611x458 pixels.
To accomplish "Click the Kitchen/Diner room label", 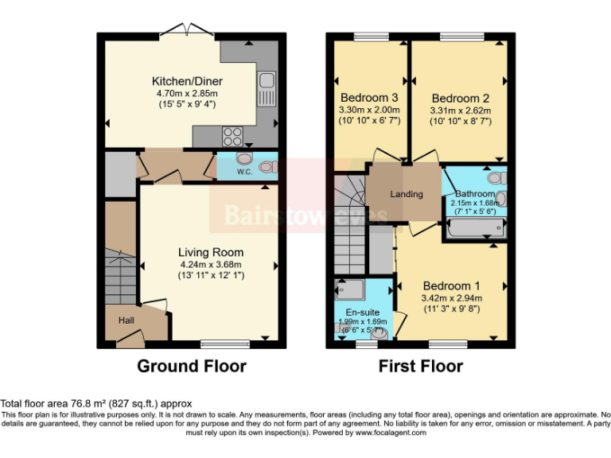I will [x=187, y=81].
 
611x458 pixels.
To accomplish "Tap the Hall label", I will [x=126, y=320].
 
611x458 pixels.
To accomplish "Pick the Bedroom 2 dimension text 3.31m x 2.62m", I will [x=461, y=110].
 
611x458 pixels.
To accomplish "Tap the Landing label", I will [x=406, y=195].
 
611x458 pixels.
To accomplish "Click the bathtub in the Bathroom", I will [x=474, y=230].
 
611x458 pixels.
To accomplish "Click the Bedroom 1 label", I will [x=451, y=286].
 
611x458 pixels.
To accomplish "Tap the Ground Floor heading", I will [x=192, y=367].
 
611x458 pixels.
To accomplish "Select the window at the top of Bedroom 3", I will [x=371, y=36].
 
